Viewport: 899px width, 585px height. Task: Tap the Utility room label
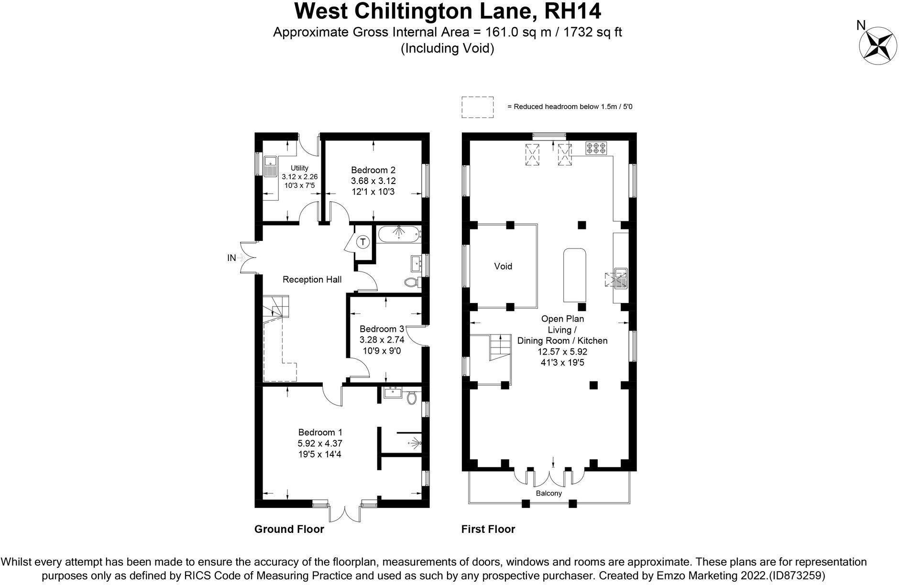point(299,168)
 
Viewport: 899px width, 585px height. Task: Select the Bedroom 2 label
point(373,170)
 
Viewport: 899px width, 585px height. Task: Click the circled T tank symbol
point(363,242)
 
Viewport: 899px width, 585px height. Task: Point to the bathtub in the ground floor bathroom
point(399,234)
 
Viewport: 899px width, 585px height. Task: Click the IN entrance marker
point(231,258)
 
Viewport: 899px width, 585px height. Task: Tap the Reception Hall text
point(312,279)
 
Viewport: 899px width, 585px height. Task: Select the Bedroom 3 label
point(382,329)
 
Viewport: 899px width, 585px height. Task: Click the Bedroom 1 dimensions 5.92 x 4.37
point(319,443)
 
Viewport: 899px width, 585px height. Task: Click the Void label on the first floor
point(503,266)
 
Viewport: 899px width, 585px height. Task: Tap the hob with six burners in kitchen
point(596,148)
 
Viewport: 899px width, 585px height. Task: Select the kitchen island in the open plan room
point(574,275)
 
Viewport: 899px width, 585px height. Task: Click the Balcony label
point(548,493)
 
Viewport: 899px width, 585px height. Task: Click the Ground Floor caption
point(289,529)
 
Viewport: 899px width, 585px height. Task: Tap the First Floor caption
point(488,529)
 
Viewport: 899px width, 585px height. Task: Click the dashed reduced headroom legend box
point(477,107)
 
